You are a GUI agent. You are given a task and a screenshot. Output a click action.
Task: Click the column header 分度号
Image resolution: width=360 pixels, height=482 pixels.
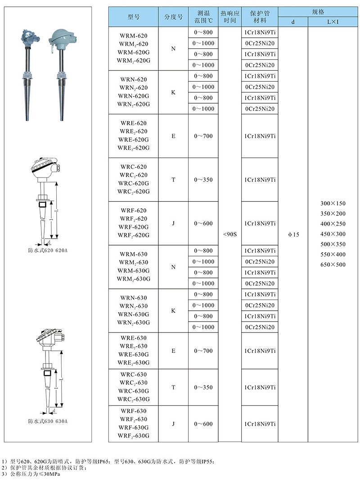click(173, 17)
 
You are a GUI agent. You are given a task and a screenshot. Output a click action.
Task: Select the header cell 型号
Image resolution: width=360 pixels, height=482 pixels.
click(134, 17)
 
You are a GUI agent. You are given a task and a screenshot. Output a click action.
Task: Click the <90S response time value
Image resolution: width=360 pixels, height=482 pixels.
click(229, 234)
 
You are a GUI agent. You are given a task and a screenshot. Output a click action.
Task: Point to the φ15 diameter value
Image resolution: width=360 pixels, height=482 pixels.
click(293, 234)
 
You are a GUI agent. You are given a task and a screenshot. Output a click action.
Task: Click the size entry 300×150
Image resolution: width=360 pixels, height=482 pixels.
click(333, 204)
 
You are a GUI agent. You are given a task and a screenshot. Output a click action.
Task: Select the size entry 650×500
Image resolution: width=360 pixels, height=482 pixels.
click(333, 264)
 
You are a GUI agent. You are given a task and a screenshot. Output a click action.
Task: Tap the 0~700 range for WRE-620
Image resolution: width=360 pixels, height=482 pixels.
click(203, 136)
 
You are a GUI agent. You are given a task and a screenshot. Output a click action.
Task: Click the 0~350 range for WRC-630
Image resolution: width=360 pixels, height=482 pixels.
click(203, 387)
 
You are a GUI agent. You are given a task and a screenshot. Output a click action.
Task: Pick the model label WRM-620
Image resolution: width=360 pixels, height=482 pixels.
click(134, 35)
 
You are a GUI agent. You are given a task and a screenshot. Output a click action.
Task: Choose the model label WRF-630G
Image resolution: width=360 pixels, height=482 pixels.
click(134, 427)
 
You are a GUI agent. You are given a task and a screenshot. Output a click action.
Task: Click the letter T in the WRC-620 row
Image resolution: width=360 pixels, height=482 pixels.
click(173, 179)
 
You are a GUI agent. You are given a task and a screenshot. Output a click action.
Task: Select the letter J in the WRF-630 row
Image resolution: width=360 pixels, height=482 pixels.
click(173, 424)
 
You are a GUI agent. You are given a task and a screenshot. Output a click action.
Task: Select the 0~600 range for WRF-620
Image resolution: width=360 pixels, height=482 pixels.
click(203, 223)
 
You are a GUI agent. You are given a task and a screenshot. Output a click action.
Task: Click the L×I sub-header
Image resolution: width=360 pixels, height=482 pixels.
click(333, 22)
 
